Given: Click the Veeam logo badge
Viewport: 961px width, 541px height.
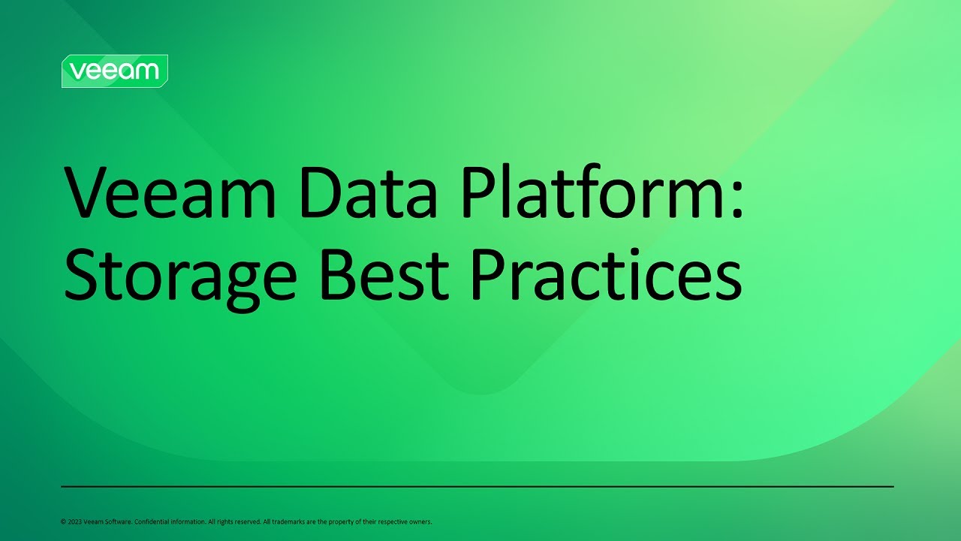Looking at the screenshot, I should (114, 71).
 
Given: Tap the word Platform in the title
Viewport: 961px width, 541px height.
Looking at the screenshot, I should (582, 194).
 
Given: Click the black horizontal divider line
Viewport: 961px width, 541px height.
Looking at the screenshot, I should (477, 487).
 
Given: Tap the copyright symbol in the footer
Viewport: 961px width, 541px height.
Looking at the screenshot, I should (63, 521).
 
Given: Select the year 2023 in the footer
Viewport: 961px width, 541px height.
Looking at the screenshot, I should (74, 521).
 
